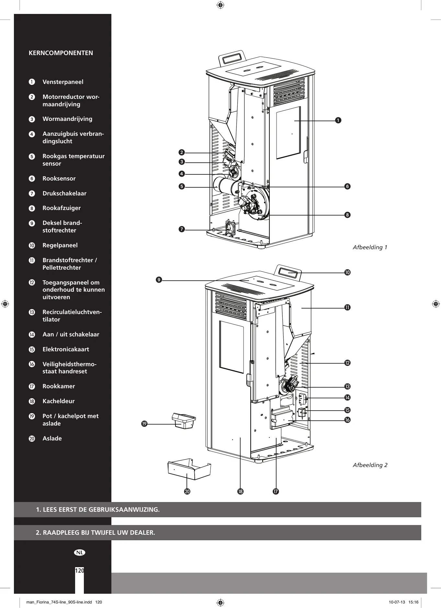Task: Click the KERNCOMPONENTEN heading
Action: [61, 53]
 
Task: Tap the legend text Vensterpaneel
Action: [63, 82]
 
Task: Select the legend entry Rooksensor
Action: [59, 179]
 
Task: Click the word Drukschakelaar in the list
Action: [64, 193]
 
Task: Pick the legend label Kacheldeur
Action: [59, 401]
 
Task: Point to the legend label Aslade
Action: [52, 438]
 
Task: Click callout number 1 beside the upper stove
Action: [338, 121]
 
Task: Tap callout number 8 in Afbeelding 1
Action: [347, 215]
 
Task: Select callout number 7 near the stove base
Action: [182, 229]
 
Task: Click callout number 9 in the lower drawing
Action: [159, 280]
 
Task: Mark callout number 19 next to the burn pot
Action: [144, 424]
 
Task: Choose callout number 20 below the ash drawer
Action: [187, 491]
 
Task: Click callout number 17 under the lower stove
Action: [276, 491]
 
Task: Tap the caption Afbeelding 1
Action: [370, 247]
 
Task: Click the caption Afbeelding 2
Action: [370, 465]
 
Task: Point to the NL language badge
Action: [80, 553]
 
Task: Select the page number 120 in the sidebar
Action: [80, 571]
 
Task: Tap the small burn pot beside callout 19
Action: [184, 420]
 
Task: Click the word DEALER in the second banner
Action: [142, 532]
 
